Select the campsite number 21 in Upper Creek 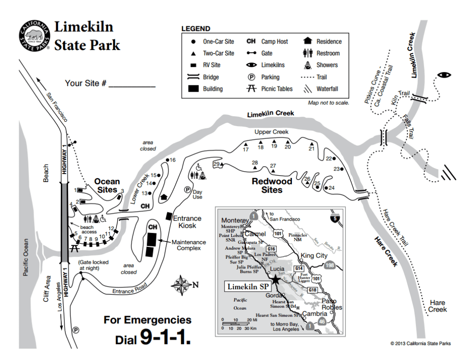pos(312,148)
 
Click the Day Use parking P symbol pos(186,190)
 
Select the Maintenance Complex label pos(189,245)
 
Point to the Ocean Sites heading pos(107,185)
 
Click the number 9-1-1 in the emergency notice pos(165,337)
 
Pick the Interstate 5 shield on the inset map pos(335,217)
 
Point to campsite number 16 pos(173,160)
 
